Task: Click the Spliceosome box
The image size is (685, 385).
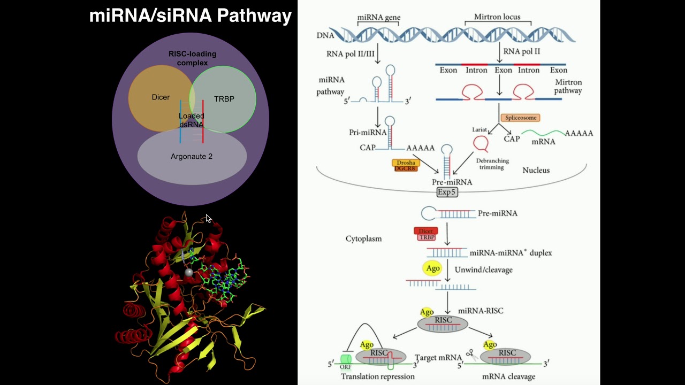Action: tap(520, 118)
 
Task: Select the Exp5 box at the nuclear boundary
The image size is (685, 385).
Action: tap(447, 192)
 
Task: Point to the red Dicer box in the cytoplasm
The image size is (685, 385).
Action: tap(426, 231)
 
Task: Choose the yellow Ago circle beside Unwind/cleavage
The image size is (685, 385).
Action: tap(432, 268)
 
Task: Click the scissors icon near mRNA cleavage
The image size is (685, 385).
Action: tap(471, 353)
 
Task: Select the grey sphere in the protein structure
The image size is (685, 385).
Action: tap(188, 273)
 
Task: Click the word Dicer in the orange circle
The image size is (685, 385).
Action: tap(161, 97)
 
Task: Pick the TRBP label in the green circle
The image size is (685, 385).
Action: tap(224, 99)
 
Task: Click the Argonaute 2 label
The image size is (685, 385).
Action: tap(192, 157)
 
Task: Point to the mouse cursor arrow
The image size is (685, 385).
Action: tap(208, 218)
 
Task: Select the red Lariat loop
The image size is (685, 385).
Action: tap(481, 143)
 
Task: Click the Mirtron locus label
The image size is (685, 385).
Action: tap(497, 17)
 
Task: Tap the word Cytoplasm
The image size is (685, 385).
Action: tap(363, 238)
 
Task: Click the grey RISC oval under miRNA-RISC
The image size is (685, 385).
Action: tap(443, 323)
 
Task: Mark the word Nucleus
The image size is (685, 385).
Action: tap(536, 170)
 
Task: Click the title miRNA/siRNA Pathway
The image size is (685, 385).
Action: tap(190, 16)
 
